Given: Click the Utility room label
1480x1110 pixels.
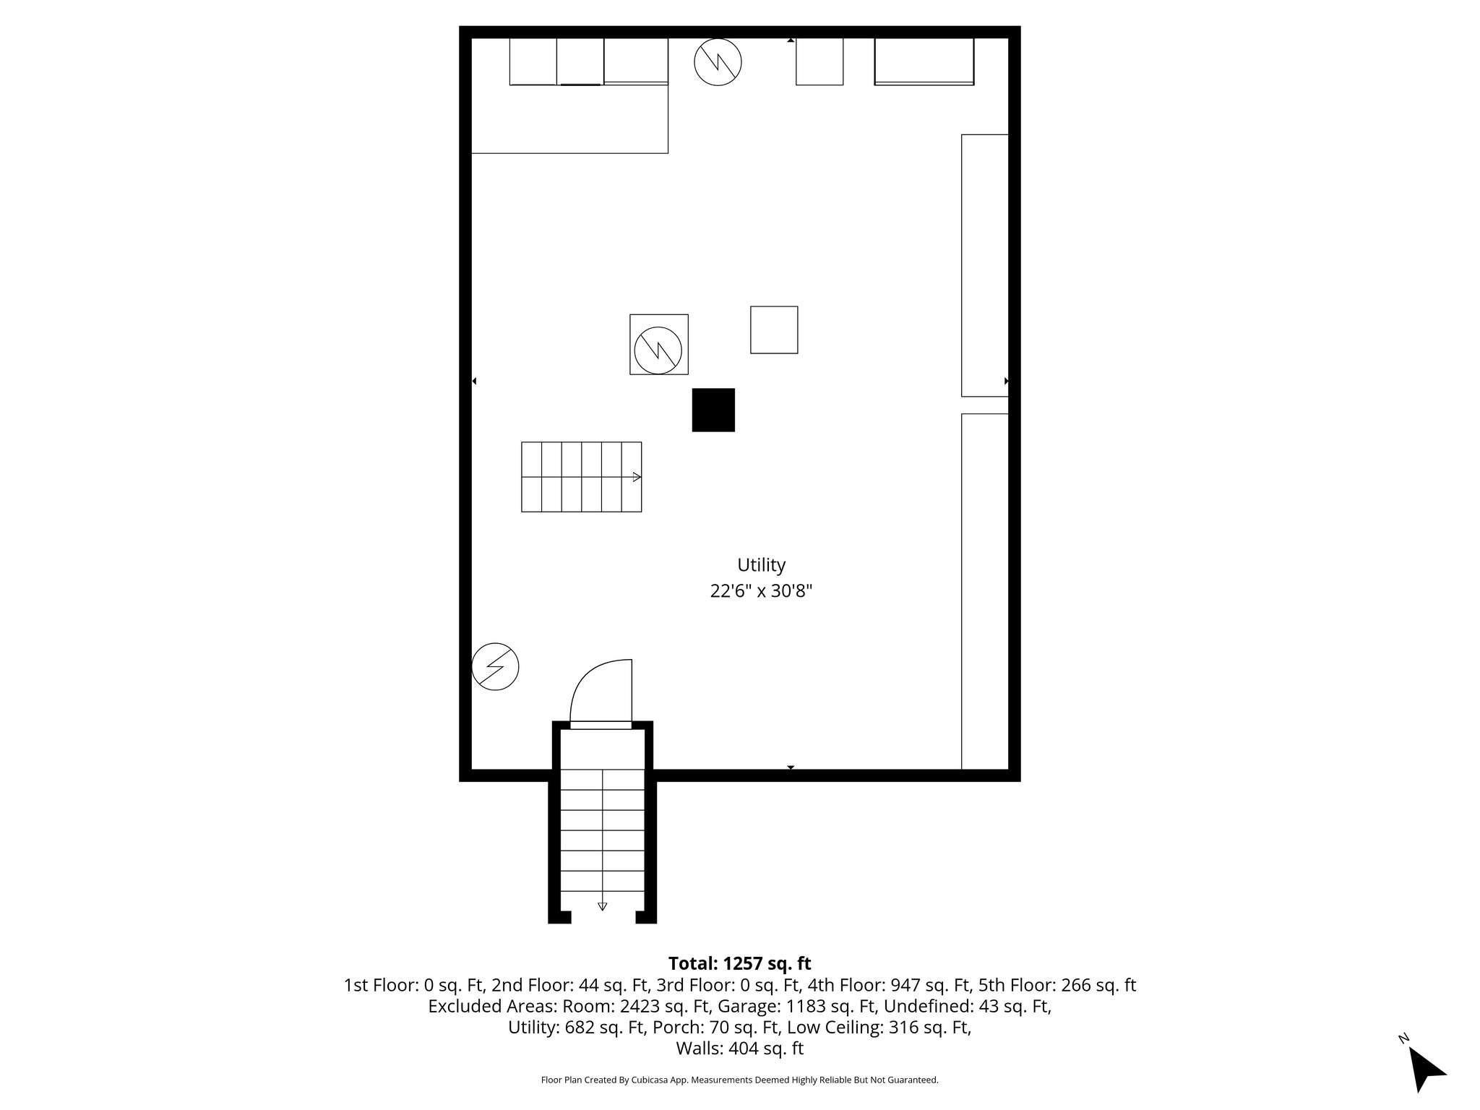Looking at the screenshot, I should (761, 565).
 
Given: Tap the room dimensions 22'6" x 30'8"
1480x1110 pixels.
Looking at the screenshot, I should (761, 591).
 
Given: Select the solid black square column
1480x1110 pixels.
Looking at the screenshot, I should (713, 410).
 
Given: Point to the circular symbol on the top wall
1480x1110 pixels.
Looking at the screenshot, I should (718, 62).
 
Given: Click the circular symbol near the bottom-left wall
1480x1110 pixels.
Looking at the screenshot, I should (495, 666).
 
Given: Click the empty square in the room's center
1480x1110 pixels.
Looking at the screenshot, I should (774, 330).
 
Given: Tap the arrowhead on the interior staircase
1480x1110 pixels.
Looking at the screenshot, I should (637, 477).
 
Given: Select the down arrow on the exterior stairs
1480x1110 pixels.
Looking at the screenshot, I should (602, 906).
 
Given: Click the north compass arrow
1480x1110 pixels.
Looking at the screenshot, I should (1426, 1068).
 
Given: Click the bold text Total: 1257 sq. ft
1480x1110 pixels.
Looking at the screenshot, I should (739, 963).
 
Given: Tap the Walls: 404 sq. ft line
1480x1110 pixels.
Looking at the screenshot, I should (739, 1048).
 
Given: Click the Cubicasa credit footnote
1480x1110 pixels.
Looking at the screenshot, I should (739, 1080).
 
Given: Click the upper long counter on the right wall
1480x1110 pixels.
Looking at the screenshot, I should (984, 265).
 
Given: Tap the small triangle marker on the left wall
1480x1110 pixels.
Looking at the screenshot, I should (474, 381).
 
